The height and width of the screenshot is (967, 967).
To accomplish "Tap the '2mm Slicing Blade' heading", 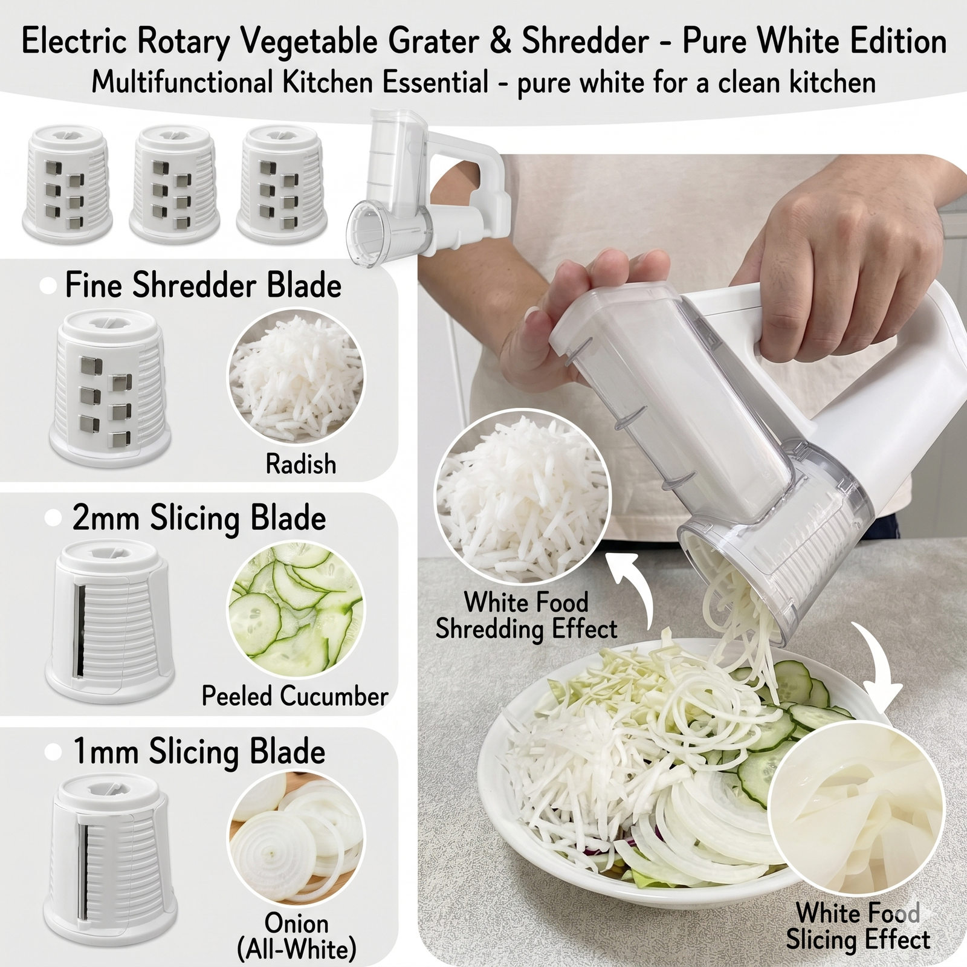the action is (199, 519).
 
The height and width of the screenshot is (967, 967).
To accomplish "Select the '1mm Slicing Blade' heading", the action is (199, 752).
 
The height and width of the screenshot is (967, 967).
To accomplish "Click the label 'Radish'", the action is (301, 464).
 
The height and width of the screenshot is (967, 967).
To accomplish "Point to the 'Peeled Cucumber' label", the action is (295, 696).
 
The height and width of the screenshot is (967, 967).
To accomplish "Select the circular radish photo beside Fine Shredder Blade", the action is (296, 377).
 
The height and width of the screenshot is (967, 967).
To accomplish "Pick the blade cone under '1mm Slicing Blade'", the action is (111, 858).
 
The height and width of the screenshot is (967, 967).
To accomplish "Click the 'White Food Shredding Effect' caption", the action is (526, 615).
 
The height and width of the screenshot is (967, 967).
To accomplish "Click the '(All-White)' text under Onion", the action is (297, 950).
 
